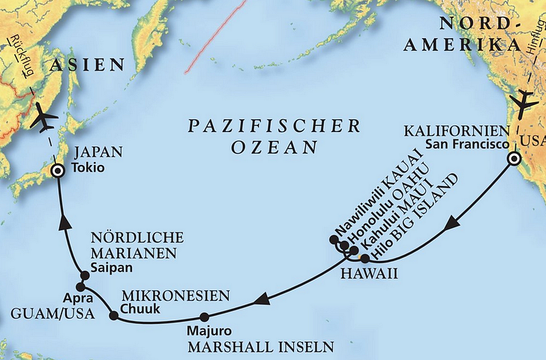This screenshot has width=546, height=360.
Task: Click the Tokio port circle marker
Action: coord(57,171)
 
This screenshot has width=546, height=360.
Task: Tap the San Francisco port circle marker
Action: coord(514,159)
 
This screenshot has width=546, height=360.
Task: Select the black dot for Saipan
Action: coord(85,275)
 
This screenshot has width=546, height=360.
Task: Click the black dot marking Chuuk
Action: coord(113,315)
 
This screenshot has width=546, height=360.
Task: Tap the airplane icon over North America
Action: coord(525,105)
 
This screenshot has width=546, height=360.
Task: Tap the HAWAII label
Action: coord(368,274)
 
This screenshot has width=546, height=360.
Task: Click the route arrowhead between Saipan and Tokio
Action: coord(63,222)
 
